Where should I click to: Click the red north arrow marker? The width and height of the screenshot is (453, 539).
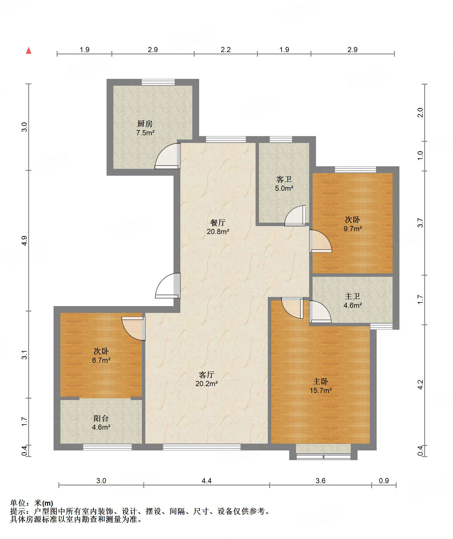pyautogui.click(x=28, y=50)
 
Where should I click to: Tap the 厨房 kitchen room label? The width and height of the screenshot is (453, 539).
pyautogui.click(x=145, y=124)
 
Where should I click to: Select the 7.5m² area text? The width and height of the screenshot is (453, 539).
pyautogui.click(x=145, y=133)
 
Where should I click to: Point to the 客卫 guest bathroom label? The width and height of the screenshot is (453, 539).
pyautogui.click(x=284, y=179)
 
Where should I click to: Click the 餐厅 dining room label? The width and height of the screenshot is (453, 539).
pyautogui.click(x=218, y=222)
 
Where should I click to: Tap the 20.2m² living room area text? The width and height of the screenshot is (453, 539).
pyautogui.click(x=207, y=384)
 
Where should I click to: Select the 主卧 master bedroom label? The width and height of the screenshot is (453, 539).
pyautogui.click(x=321, y=381)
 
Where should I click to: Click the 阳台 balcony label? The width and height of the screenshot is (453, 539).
pyautogui.click(x=101, y=418)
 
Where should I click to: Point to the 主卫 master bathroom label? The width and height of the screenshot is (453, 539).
pyautogui.click(x=353, y=296)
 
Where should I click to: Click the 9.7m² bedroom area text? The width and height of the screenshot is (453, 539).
pyautogui.click(x=353, y=229)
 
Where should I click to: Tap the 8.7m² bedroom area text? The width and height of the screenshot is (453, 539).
pyautogui.click(x=101, y=360)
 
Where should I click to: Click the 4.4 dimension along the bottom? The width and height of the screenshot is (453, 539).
pyautogui.click(x=207, y=481)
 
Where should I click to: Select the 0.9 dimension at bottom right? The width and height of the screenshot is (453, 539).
pyautogui.click(x=384, y=481)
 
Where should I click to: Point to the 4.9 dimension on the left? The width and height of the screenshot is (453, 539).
pyautogui.click(x=25, y=241)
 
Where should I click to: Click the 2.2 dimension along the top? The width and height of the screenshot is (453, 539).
pyautogui.click(x=226, y=50)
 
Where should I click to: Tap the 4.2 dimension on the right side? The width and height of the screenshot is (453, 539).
pyautogui.click(x=420, y=385)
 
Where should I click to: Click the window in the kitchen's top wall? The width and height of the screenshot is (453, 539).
pyautogui.click(x=158, y=82)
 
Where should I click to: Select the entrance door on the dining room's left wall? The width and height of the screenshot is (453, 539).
pyautogui.click(x=168, y=286)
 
